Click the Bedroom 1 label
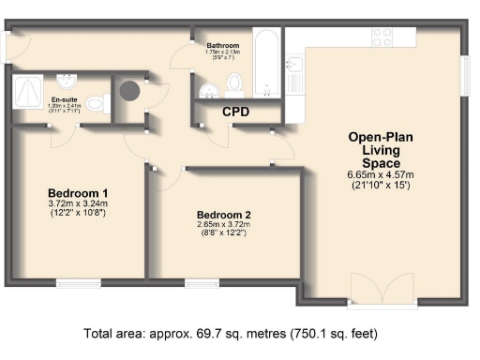[x=79, y=191]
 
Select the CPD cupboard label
[x=234, y=112]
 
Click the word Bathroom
[x=223, y=45]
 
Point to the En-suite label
[x=65, y=98]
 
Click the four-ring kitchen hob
[x=382, y=37]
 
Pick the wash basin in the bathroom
[x=209, y=89]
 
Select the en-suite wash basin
[x=67, y=80]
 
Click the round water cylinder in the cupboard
[x=128, y=92]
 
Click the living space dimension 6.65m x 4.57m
[x=381, y=174]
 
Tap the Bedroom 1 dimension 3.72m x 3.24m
[x=79, y=203]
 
